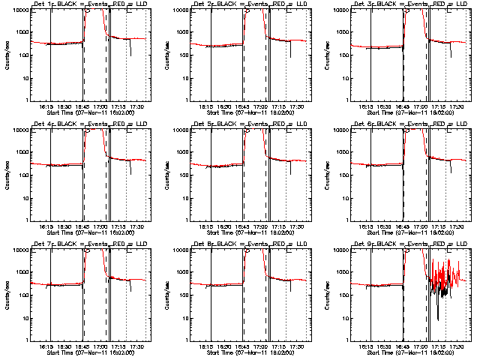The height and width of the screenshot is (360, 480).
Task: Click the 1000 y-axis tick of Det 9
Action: [x=340, y=273]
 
